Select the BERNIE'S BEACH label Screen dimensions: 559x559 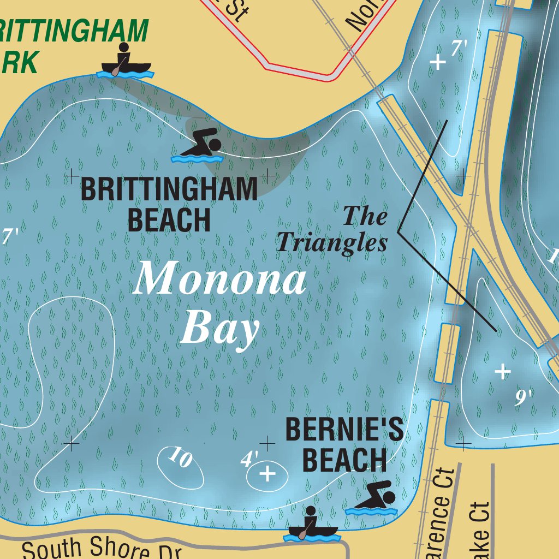(344, 444)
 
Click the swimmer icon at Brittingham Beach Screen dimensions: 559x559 (197, 147)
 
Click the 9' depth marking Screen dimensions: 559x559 (524, 397)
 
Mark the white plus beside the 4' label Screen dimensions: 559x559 (267, 474)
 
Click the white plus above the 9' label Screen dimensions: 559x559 (502, 372)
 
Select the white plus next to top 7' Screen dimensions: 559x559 (437, 62)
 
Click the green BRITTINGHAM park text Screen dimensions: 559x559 (74, 32)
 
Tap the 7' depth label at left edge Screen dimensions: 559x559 (10, 237)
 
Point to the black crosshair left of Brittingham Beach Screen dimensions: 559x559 (71, 176)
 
